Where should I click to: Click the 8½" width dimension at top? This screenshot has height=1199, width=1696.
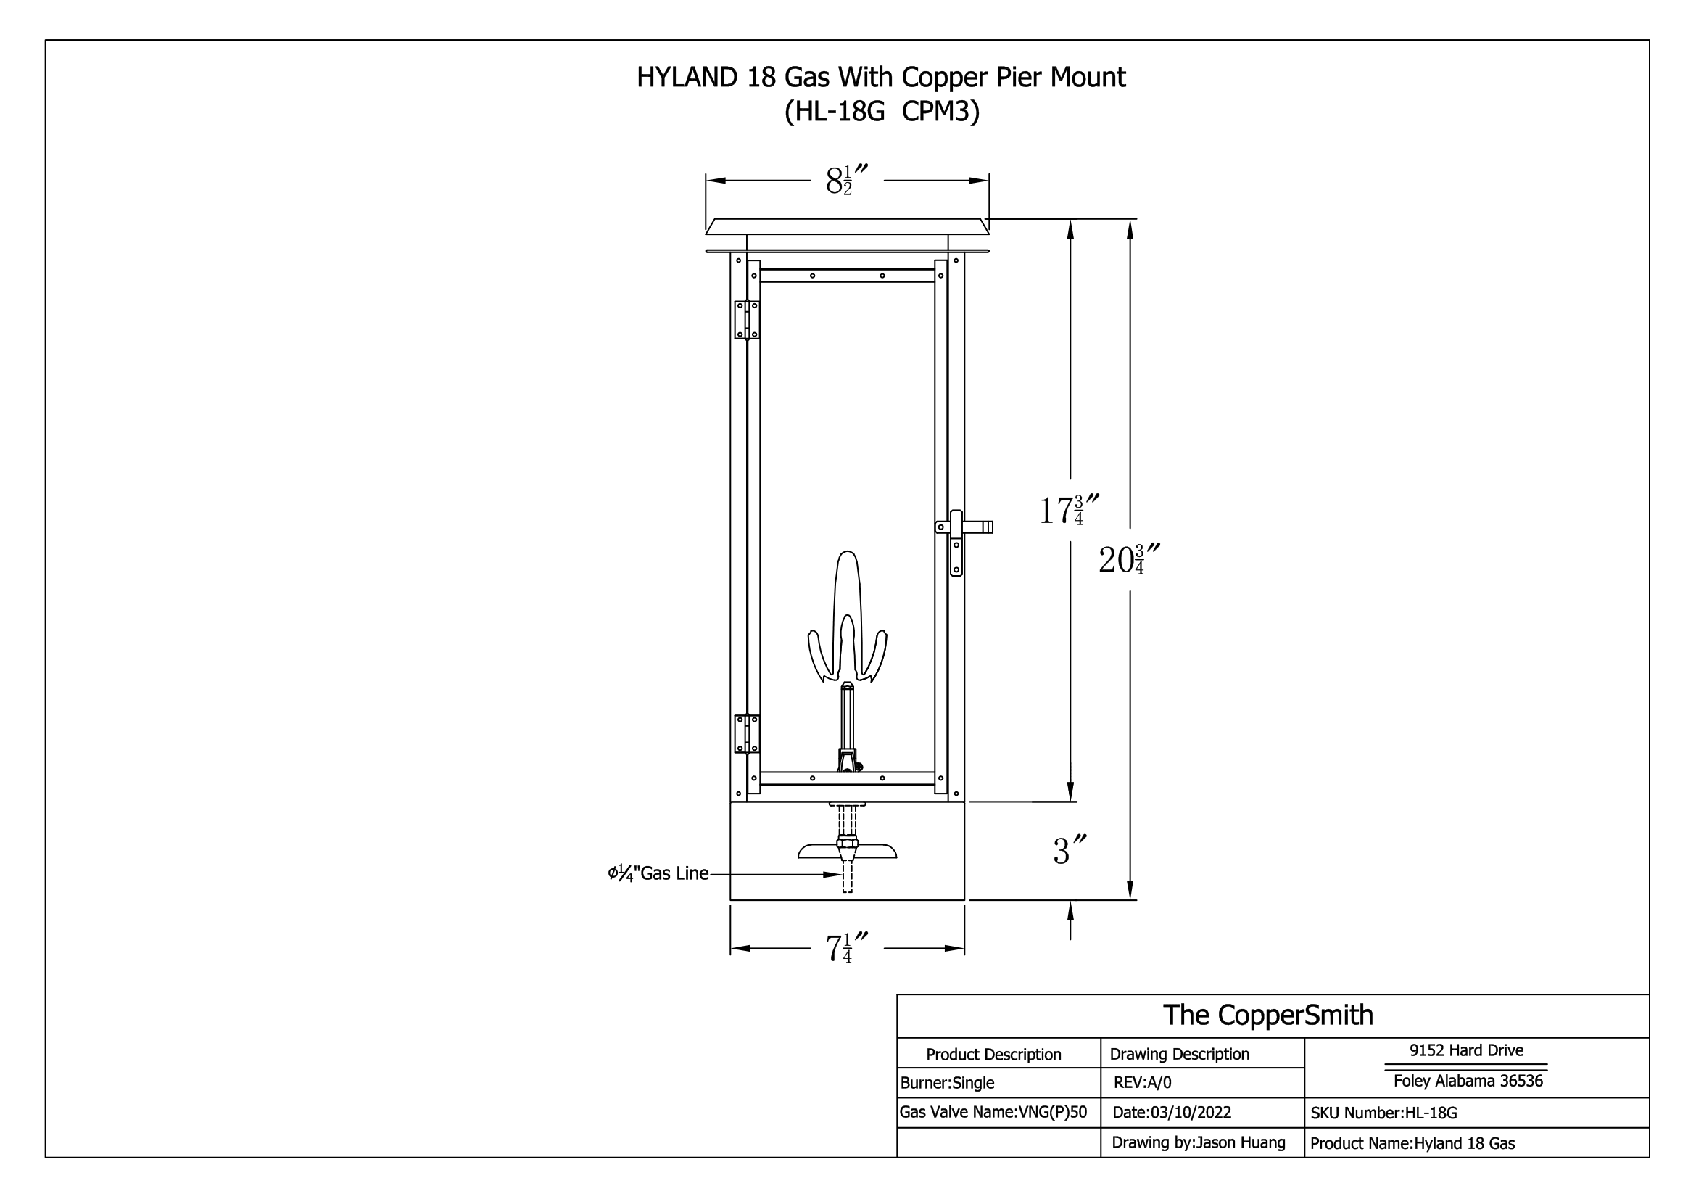tap(845, 181)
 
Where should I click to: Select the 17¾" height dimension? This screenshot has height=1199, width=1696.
tap(1069, 510)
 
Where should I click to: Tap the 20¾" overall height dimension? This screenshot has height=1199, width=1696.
tap(1129, 559)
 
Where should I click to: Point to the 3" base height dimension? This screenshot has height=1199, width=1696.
tap(1070, 851)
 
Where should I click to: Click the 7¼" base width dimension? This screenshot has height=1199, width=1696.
tap(845, 949)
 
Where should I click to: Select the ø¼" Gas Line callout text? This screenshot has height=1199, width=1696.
tap(658, 873)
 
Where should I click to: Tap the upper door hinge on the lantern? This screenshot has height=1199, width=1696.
tap(747, 320)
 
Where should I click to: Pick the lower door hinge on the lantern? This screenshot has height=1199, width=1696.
tap(747, 733)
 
